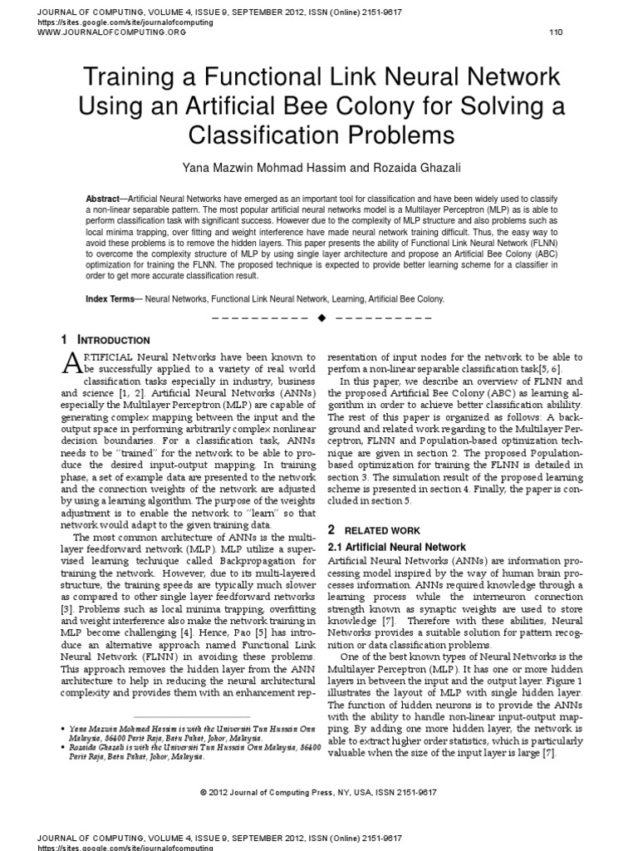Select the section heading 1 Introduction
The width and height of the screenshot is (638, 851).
point(106,340)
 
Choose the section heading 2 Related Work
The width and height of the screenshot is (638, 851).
point(374,529)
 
